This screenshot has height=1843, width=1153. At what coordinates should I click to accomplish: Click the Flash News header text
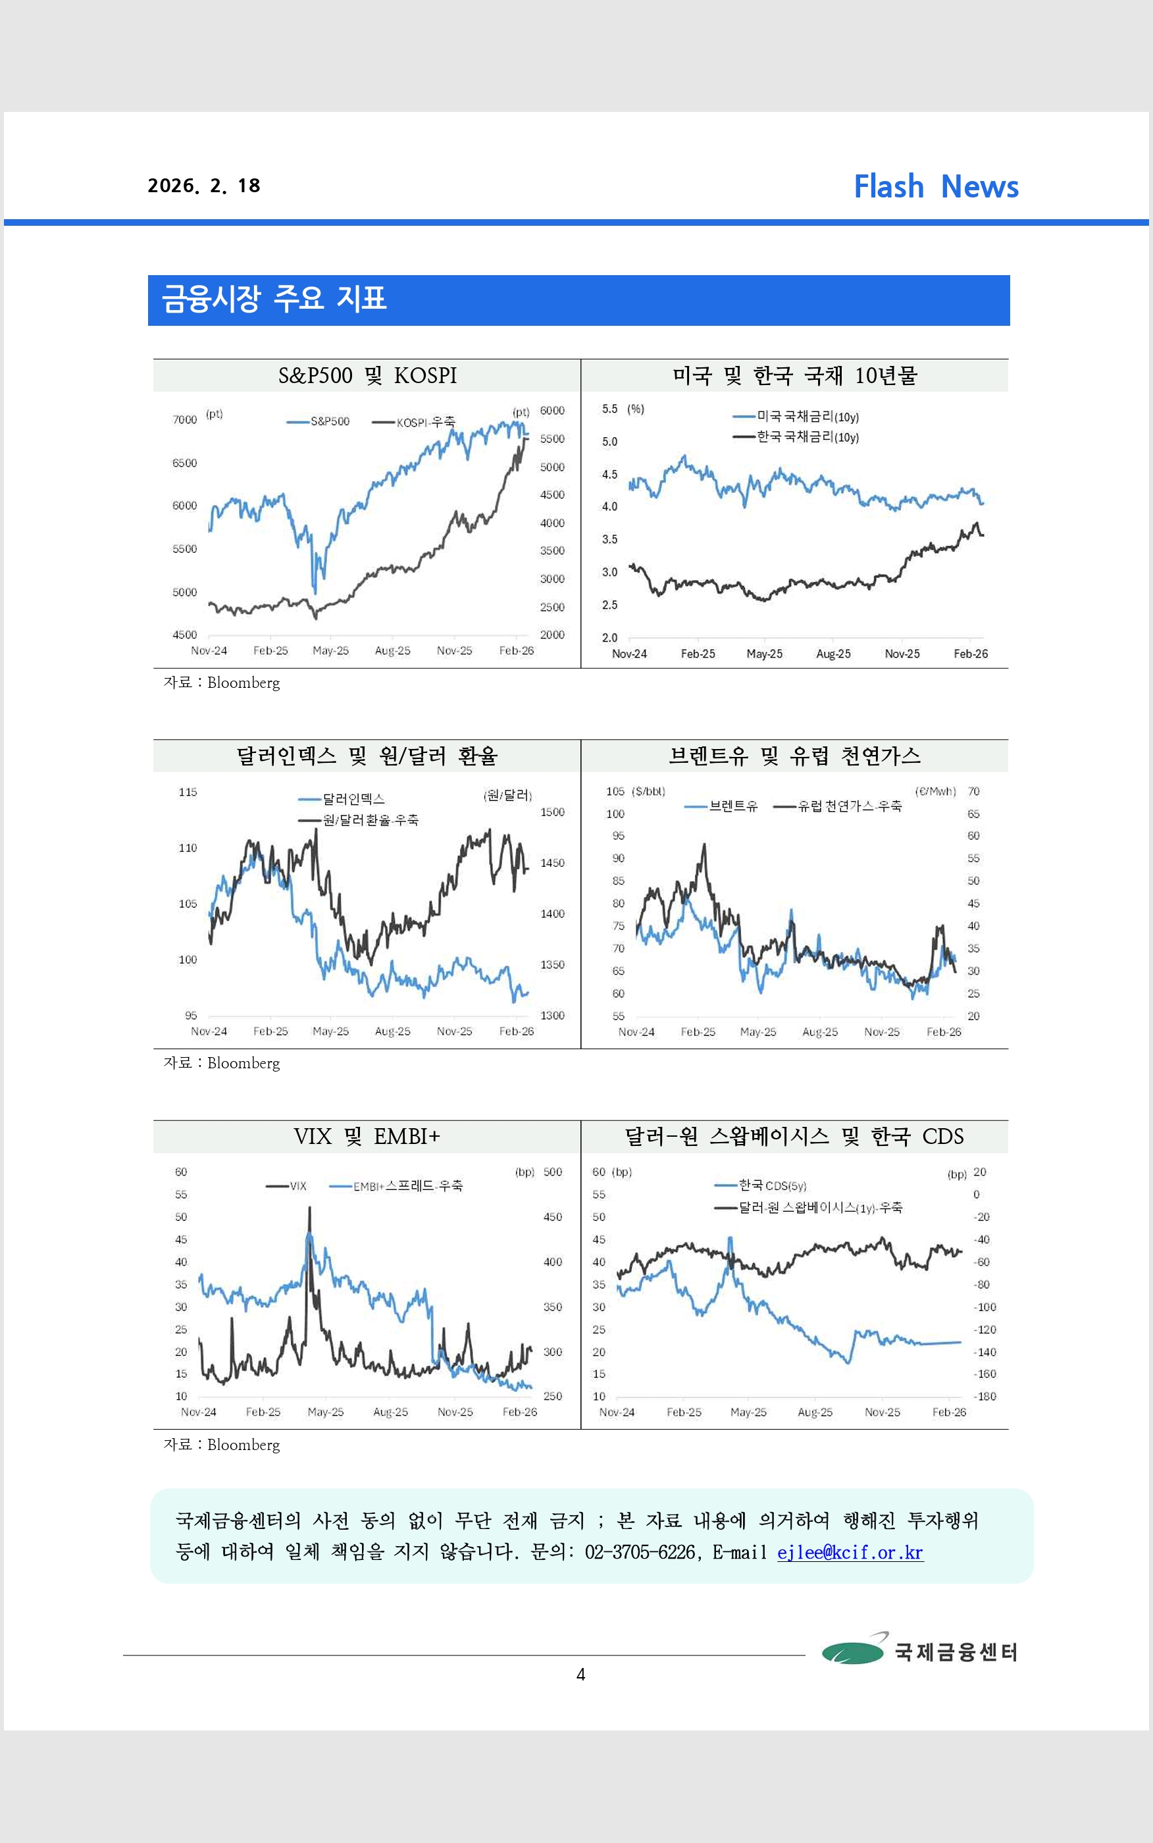click(936, 186)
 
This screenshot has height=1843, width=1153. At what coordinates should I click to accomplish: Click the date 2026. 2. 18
click(203, 186)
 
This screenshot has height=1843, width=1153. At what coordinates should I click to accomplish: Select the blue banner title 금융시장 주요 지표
click(274, 298)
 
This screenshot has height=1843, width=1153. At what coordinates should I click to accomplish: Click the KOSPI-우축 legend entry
click(413, 422)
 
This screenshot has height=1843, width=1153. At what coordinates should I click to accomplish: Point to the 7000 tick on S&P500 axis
click(184, 419)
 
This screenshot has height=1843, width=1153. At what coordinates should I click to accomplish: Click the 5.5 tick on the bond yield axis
click(609, 409)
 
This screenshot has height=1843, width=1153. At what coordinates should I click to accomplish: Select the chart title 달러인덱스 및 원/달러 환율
click(367, 756)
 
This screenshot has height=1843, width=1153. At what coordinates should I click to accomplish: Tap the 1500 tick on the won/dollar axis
click(552, 812)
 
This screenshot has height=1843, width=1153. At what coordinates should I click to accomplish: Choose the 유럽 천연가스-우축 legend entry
click(837, 806)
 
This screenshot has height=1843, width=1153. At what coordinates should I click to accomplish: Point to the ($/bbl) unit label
click(649, 791)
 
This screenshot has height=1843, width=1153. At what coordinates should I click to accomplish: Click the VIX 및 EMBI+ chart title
click(367, 1136)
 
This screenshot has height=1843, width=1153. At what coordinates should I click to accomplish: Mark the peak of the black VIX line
click(309, 1207)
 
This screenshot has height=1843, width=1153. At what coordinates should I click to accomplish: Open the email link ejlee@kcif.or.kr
click(850, 1553)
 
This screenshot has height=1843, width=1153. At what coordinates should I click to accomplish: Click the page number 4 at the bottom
click(580, 1674)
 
